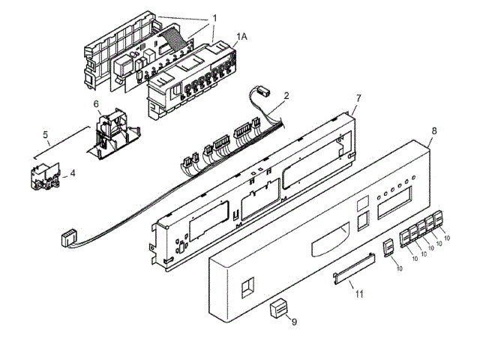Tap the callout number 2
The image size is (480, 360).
[285, 97]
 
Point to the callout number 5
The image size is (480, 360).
[45, 136]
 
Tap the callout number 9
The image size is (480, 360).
[295, 322]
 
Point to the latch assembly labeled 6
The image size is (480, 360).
[112, 135]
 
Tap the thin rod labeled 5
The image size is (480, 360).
[58, 148]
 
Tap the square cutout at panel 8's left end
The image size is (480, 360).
[245, 287]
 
